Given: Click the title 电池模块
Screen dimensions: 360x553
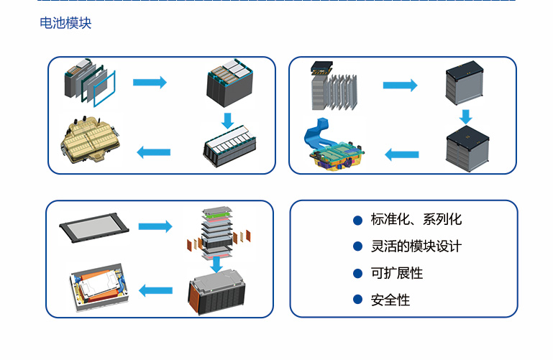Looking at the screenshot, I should coord(65,24).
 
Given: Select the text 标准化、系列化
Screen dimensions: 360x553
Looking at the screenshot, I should coord(416,220).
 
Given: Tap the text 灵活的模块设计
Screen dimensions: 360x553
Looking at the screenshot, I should coord(416,246).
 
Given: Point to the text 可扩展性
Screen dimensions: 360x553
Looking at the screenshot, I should coord(396,273).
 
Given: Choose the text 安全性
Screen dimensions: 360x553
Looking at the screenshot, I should coord(390,300).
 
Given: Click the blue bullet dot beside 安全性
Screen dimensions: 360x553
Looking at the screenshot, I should coord(357,300).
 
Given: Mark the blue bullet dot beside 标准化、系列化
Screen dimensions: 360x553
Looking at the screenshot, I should coord(357,220).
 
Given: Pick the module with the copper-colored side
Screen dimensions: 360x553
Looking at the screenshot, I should coord(219,295).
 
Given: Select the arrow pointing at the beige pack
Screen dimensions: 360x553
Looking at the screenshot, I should coord(153,152).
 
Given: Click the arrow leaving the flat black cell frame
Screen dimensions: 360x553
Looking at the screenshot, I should coord(155,227).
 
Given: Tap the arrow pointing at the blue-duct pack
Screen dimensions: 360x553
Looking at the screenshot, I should coord(402,154).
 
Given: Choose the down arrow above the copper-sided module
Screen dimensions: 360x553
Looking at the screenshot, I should coord(216,264).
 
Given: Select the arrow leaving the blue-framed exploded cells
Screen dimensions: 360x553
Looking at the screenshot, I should coord(150,83).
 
